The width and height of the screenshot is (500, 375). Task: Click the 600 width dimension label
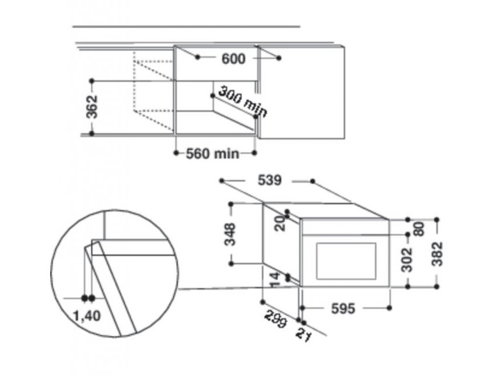point(233,59)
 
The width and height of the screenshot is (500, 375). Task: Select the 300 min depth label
point(242,102)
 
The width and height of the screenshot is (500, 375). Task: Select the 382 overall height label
point(438,253)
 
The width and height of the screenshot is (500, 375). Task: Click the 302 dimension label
point(408,260)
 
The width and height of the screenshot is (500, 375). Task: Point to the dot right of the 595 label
point(389,308)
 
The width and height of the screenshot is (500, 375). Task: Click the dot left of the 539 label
point(222,181)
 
